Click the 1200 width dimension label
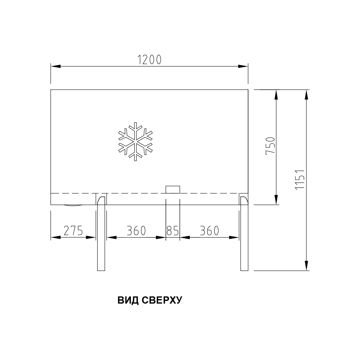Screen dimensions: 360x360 click(149, 60)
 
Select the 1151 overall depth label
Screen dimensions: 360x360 click(300, 180)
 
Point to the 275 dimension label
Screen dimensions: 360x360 click(73, 230)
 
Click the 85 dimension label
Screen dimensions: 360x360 click(172, 230)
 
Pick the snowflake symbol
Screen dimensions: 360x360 click(135, 142)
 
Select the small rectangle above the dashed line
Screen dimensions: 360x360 click(173, 189)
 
